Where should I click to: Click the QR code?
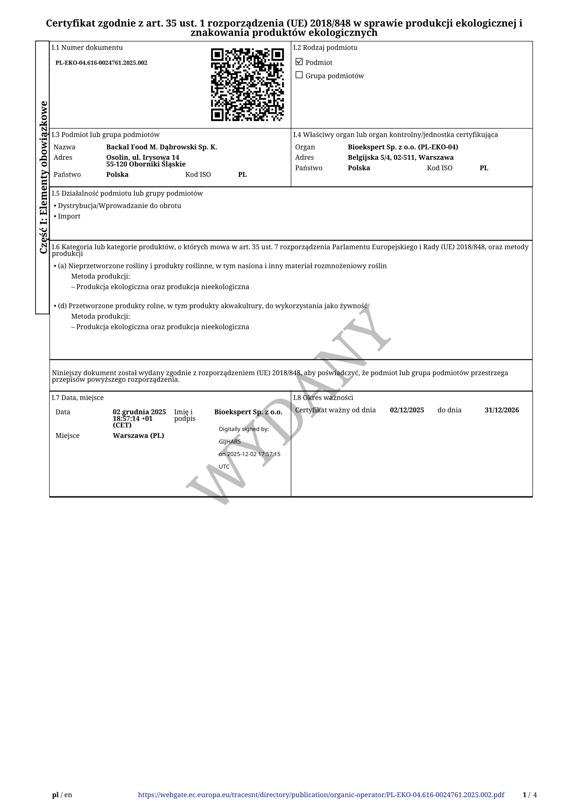point(247,85)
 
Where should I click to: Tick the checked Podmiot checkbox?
point(299,62)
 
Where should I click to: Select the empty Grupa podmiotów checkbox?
point(299,75)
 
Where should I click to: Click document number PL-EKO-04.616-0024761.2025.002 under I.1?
point(101,63)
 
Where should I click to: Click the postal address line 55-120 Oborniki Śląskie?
point(146,164)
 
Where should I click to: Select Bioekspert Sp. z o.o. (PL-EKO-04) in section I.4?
point(403,147)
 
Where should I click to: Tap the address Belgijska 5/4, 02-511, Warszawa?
point(400,157)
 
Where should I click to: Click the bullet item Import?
point(69,216)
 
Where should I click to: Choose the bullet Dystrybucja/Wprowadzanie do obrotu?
point(119,206)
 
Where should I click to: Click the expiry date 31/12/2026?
point(501,410)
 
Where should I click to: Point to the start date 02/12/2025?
point(407,410)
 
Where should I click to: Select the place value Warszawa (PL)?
point(138,435)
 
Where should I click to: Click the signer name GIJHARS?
point(230,441)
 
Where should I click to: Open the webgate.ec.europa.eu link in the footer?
point(321,795)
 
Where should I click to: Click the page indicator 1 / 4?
point(530,795)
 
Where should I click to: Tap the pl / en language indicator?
point(62,795)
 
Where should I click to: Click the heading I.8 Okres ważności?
point(323,398)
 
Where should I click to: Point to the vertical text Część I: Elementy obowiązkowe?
point(43,177)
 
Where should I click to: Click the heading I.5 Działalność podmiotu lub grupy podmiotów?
point(127,193)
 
